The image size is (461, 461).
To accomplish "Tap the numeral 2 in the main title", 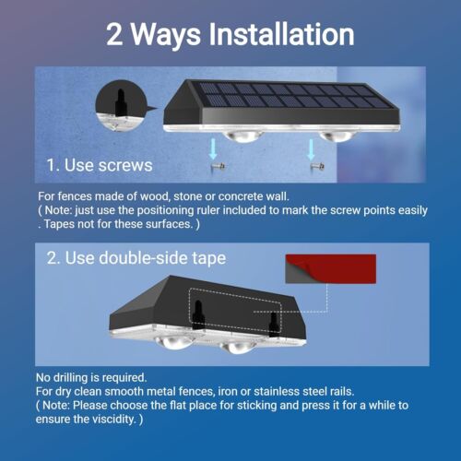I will (x=117, y=34).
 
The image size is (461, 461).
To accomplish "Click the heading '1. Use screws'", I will (x=99, y=166).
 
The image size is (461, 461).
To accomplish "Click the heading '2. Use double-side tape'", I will (x=136, y=257).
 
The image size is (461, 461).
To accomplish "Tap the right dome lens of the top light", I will (x=333, y=135).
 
